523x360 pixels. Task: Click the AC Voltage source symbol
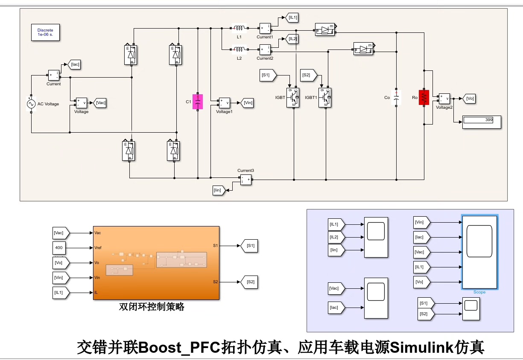(x=31, y=104)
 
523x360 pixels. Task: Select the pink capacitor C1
(x=197, y=102)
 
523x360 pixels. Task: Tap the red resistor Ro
(x=424, y=98)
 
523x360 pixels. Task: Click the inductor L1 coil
(x=239, y=29)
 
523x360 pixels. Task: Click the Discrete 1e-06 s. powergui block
(x=45, y=32)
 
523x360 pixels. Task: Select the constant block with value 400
(x=59, y=248)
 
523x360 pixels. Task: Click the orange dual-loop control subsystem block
(x=156, y=263)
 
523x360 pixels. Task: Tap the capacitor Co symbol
(x=396, y=98)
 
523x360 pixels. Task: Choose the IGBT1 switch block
(x=325, y=98)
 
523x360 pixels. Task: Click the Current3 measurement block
(x=245, y=179)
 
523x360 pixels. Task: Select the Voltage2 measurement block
(x=444, y=99)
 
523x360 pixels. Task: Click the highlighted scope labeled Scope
(x=479, y=252)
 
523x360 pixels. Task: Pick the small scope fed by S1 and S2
(x=471, y=309)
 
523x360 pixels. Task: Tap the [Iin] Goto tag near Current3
(x=218, y=190)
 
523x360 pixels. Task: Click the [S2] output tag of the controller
(x=249, y=282)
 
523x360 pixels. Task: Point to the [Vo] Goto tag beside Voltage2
(x=469, y=99)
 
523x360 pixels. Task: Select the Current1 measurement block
(x=265, y=29)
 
